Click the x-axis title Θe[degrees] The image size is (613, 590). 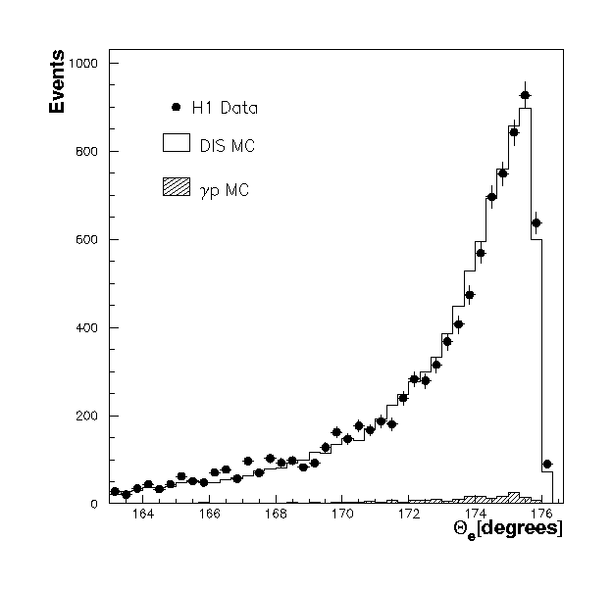(x=507, y=528)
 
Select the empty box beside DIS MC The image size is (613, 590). (x=175, y=144)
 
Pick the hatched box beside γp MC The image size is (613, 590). (x=175, y=187)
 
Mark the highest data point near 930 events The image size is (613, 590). (x=525, y=95)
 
